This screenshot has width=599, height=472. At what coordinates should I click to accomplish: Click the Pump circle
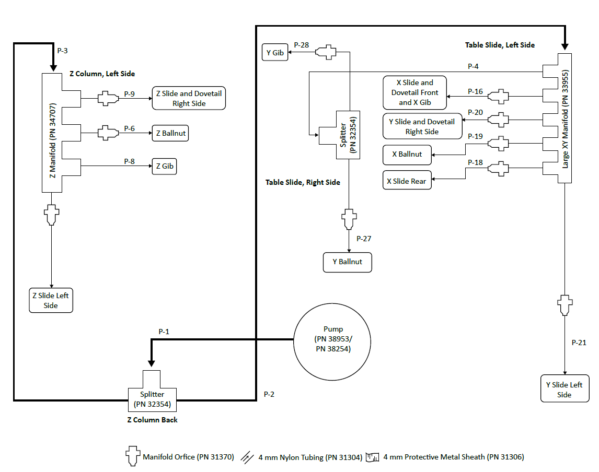(333, 339)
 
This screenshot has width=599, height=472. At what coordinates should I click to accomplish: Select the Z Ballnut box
(170, 133)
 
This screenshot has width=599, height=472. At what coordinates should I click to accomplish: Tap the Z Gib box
(164, 167)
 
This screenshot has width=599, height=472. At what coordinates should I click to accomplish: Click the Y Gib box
(275, 52)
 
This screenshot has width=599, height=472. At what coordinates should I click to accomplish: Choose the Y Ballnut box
(347, 262)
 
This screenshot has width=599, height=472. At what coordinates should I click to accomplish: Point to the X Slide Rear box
(407, 181)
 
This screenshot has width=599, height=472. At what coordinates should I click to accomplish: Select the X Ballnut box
(407, 155)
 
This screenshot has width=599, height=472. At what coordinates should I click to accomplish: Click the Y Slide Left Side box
(564, 390)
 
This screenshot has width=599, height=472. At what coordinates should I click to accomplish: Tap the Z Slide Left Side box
(51, 300)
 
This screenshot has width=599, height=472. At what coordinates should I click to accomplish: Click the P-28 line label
(302, 45)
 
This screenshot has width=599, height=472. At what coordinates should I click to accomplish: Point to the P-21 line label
(579, 343)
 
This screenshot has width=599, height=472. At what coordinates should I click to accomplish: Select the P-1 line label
(164, 332)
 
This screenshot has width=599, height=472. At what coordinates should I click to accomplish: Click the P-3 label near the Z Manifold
(62, 51)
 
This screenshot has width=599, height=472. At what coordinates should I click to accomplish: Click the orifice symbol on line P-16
(498, 96)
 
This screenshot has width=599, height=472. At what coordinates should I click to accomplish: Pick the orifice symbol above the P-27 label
(349, 219)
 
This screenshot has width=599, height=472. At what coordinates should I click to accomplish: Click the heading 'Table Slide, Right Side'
(303, 182)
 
